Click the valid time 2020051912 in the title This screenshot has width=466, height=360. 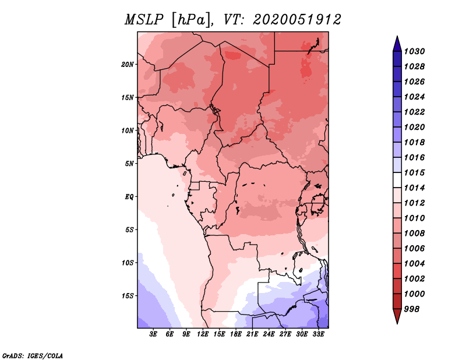pos(296,19)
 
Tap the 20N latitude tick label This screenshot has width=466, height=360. pos(128,64)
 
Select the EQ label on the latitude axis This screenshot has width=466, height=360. pos(129,196)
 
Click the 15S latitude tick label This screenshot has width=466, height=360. pos(128,295)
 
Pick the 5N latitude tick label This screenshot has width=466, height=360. pos(129,163)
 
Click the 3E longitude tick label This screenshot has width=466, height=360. pos(154,335)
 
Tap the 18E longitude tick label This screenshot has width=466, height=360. pos(236,335)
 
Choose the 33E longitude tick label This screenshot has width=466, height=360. pos(318,335)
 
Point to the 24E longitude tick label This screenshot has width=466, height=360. pos(269,335)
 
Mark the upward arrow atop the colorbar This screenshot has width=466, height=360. pos(397,44)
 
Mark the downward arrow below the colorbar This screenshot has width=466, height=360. pos(397,316)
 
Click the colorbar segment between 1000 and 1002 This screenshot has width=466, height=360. pos(397,286)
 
